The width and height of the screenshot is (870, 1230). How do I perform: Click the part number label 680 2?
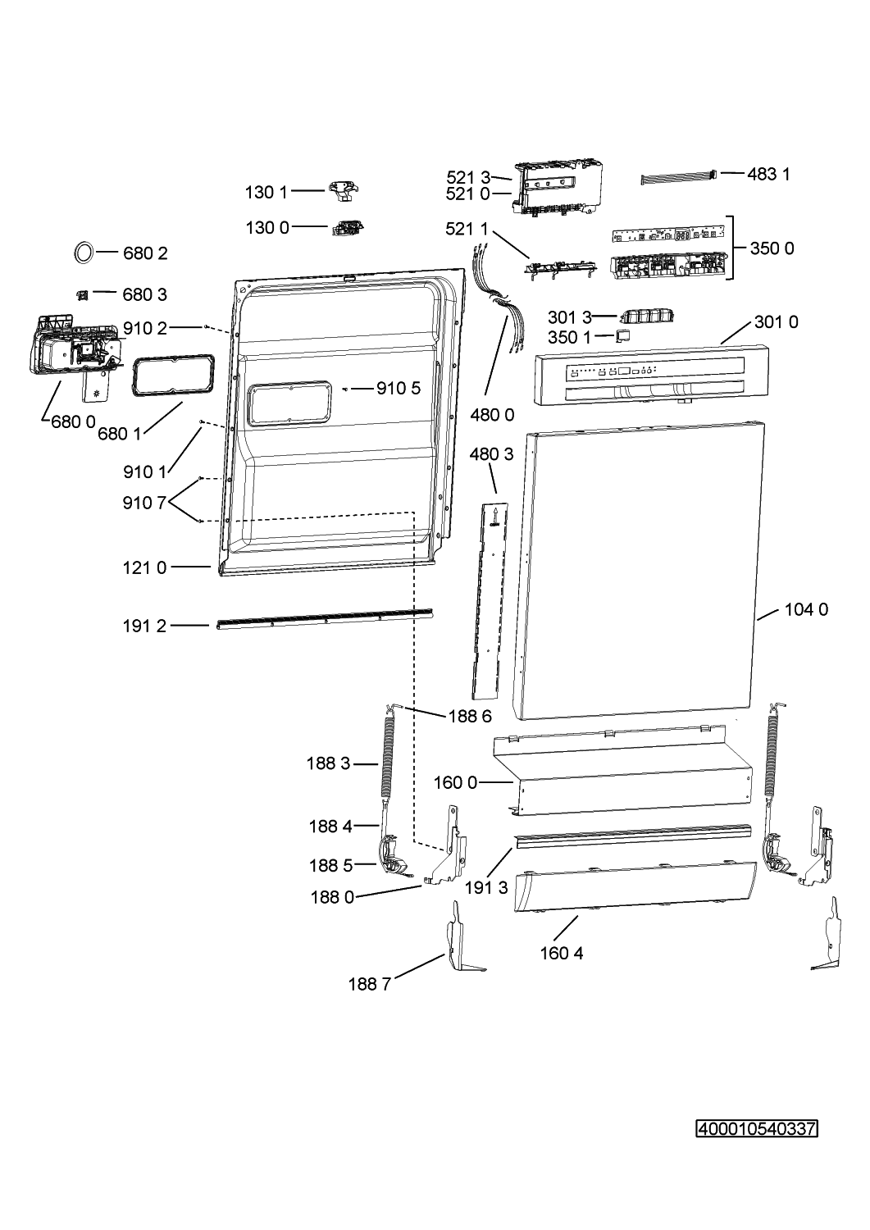tap(145, 253)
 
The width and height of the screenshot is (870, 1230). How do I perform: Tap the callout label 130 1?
tap(266, 192)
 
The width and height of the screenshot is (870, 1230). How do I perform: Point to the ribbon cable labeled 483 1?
tap(679, 177)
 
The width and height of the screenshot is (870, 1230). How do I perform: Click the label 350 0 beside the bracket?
tap(772, 248)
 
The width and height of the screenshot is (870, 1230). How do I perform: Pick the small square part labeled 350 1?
tap(622, 335)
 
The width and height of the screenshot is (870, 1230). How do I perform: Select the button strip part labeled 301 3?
tap(646, 316)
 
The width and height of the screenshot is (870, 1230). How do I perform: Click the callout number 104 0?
tap(806, 609)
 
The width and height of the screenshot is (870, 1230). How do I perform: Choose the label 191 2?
tap(144, 626)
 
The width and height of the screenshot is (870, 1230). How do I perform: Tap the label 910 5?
tap(399, 388)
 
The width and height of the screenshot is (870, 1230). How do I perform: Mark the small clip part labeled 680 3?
tap(82, 295)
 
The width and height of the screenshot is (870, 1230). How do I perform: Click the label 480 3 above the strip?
tap(491, 453)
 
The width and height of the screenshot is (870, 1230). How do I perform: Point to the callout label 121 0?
tap(144, 567)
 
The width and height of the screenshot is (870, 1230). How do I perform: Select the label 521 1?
tap(467, 229)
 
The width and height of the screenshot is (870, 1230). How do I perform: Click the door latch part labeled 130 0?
tap(348, 227)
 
